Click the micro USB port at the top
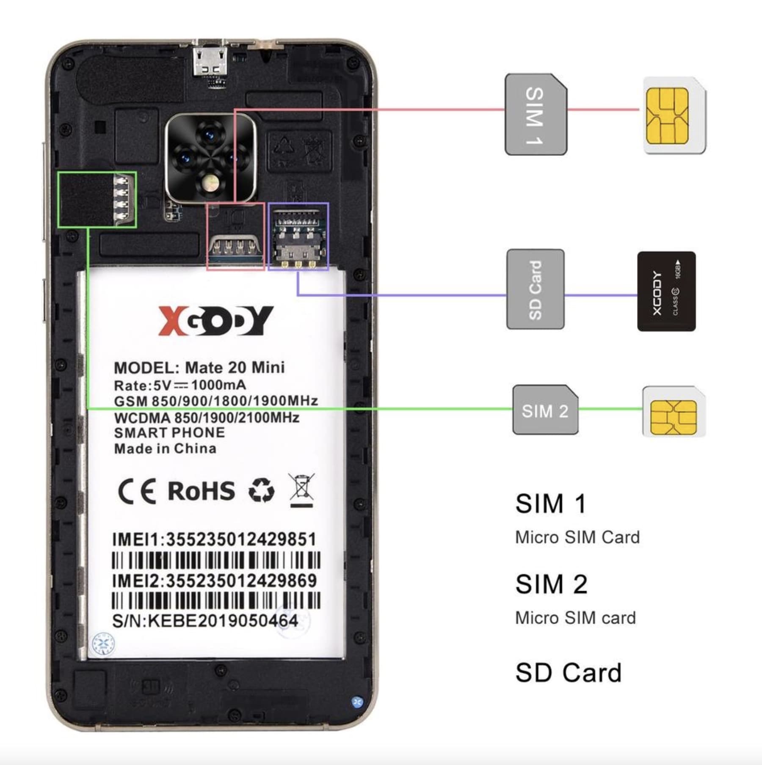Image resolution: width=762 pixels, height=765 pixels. [x=211, y=61]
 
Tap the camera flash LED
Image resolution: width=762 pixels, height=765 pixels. [x=210, y=184]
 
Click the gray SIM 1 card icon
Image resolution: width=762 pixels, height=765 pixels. [x=536, y=114]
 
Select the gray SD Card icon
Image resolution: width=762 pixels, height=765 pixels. [x=536, y=289]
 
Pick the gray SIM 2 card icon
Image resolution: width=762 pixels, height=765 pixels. [x=545, y=410]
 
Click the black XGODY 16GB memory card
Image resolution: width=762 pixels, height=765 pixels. [x=666, y=291]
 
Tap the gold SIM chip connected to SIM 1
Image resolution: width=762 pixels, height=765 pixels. [x=668, y=116]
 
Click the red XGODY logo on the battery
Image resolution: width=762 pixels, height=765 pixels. [x=216, y=320]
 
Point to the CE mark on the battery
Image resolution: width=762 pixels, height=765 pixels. [x=137, y=491]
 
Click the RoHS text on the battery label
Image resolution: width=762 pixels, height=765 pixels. [x=201, y=491]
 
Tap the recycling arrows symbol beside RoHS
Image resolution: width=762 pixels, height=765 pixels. [x=261, y=490]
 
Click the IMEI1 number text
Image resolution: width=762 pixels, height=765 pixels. [x=214, y=539]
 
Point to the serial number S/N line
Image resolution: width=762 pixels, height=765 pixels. [x=205, y=621]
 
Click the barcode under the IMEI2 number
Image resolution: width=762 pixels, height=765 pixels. [x=216, y=600]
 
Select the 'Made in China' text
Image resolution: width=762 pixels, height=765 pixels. [x=165, y=449]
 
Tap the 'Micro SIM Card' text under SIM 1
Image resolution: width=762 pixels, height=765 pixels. [x=577, y=537]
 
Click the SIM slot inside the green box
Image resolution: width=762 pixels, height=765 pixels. [x=97, y=199]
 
